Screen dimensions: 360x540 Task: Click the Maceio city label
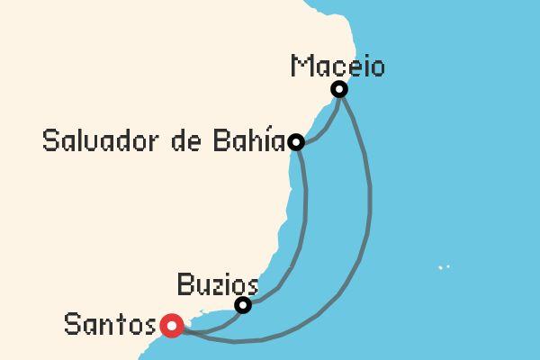point(338,67)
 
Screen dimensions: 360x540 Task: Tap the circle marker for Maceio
point(339,89)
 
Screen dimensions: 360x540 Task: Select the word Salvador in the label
point(95,142)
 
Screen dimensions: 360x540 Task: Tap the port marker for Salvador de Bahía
point(295,142)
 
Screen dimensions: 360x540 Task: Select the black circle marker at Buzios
point(242,306)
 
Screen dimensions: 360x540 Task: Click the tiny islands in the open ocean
point(442,267)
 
